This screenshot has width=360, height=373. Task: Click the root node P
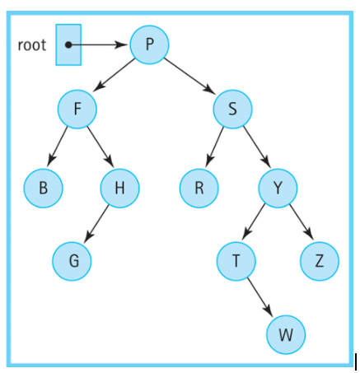click(x=149, y=44)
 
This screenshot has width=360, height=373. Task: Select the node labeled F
click(x=77, y=108)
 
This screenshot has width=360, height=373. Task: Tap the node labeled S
click(x=232, y=108)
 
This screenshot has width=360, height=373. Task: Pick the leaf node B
click(x=43, y=188)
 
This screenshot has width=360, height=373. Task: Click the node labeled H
click(x=119, y=188)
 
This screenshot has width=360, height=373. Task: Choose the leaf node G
click(x=72, y=261)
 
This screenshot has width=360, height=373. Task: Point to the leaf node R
click(x=199, y=188)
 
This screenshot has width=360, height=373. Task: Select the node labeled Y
click(x=278, y=188)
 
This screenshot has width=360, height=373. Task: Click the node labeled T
click(x=236, y=261)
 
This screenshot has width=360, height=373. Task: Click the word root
click(x=32, y=44)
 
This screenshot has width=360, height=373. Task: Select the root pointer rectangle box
click(x=68, y=44)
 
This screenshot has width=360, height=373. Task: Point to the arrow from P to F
click(x=114, y=76)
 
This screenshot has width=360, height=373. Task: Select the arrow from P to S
click(x=191, y=76)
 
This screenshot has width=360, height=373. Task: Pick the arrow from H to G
click(x=97, y=224)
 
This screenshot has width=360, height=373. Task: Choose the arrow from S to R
click(x=216, y=147)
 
